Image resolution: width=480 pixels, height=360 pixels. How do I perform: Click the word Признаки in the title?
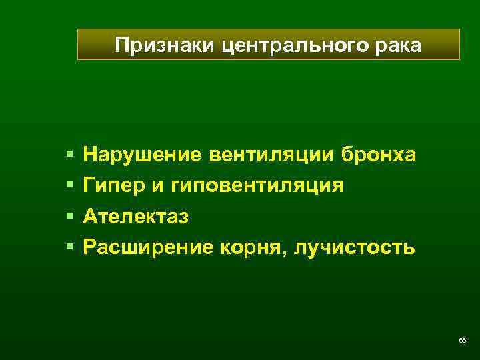[x=155, y=45]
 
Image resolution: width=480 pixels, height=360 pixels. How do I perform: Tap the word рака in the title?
[x=401, y=45]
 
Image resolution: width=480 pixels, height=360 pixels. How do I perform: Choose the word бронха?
[x=379, y=155]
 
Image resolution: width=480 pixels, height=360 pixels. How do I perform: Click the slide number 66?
[x=462, y=341]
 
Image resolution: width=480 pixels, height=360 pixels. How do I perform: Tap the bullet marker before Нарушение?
[x=69, y=155]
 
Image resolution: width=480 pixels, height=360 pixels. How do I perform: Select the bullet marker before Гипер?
[x=69, y=186]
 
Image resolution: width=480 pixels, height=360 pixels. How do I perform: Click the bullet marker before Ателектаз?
[x=69, y=217]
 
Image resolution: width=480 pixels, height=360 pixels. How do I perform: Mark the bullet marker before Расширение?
[x=69, y=247]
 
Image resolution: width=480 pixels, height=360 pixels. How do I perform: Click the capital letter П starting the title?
[x=121, y=45]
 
